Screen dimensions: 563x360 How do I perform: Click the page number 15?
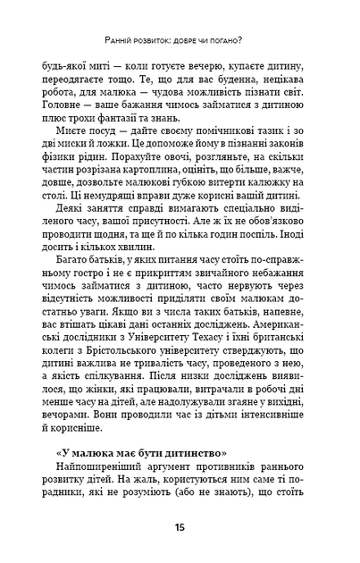coord(180,528)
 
